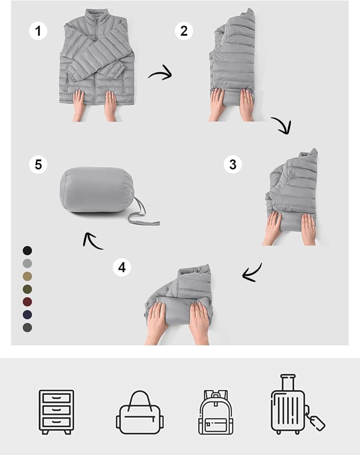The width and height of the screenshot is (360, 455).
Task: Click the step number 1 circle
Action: [x=38, y=31]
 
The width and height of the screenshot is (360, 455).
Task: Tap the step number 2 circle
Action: [x=184, y=31]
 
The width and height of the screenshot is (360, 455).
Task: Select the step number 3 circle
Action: [x=233, y=164]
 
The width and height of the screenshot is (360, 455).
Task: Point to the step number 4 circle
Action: [x=122, y=267]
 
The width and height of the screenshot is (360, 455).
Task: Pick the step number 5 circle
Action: [x=38, y=164]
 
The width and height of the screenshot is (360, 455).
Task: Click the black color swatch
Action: [x=27, y=250]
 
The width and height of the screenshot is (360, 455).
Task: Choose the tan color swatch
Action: [x=27, y=276]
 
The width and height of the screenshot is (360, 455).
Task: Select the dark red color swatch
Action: [x=27, y=302]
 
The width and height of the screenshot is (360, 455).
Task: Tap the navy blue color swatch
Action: [x=27, y=314]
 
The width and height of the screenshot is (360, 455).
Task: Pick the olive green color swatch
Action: [x=27, y=289]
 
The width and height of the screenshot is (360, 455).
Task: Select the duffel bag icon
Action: [x=140, y=413]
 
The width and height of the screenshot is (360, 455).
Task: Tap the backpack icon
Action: [x=216, y=412]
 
